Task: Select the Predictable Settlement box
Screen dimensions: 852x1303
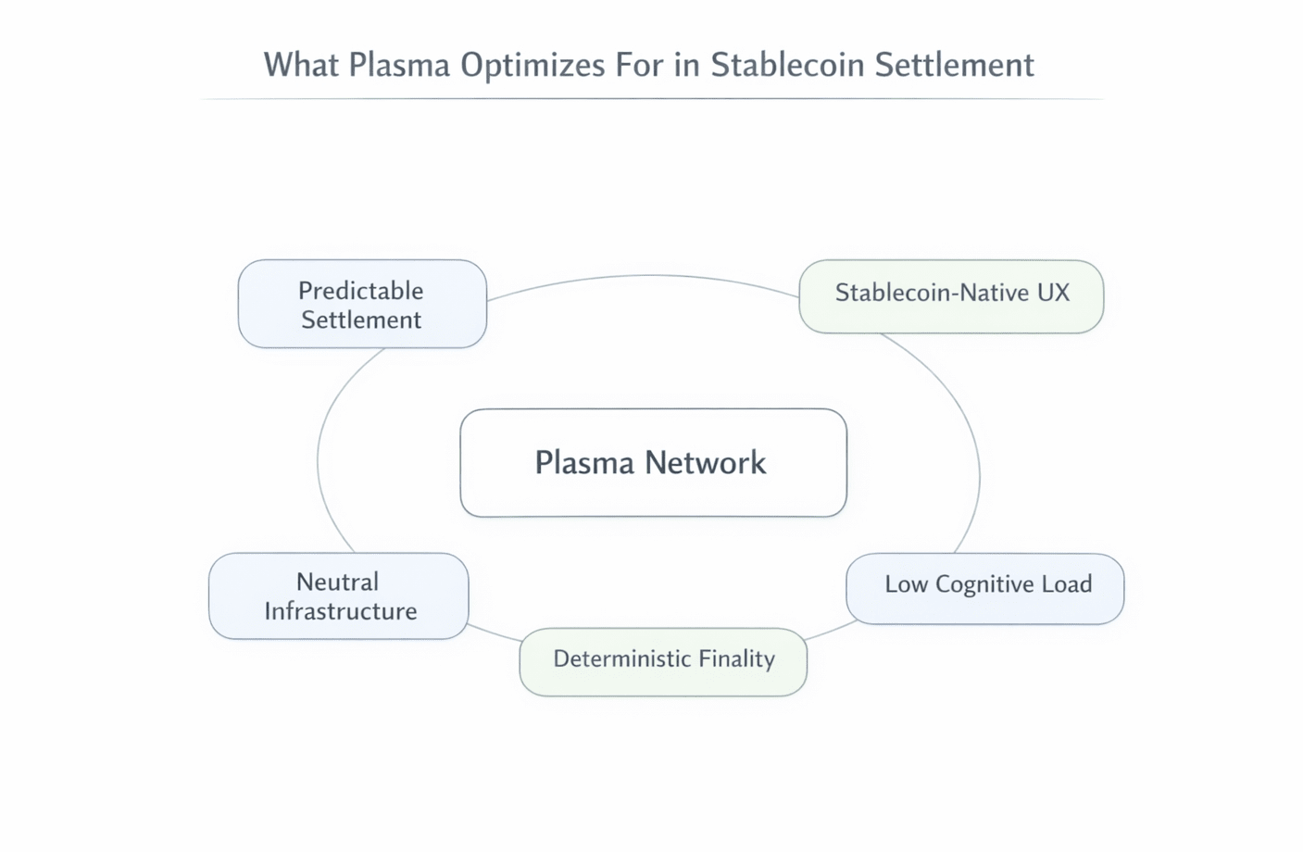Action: pyautogui.click(x=362, y=305)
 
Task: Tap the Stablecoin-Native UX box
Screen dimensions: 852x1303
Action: pyautogui.click(x=951, y=296)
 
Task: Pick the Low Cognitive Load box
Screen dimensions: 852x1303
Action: pyautogui.click(x=984, y=589)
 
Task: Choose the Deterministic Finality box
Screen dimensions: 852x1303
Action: pyautogui.click(x=663, y=661)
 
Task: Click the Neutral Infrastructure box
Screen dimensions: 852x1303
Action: pyautogui.click(x=339, y=596)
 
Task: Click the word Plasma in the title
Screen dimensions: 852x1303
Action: pyautogui.click(x=399, y=66)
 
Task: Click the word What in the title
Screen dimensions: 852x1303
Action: pyautogui.click(x=301, y=66)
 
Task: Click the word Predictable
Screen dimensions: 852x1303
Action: pyautogui.click(x=361, y=291)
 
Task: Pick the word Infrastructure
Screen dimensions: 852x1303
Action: pyautogui.click(x=341, y=611)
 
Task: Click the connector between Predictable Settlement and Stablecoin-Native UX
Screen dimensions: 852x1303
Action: pyautogui.click(x=648, y=276)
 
